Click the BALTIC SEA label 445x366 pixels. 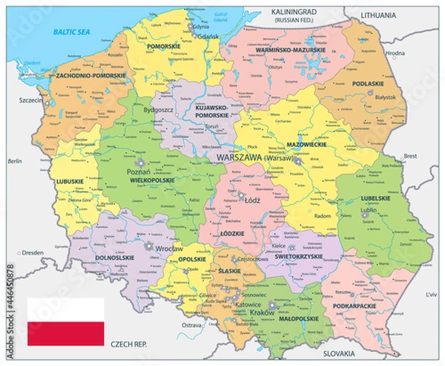point(70,31)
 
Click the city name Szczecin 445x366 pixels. point(27,99)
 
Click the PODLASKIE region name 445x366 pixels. point(367,84)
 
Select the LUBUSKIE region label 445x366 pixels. point(68,180)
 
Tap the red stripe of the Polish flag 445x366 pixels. point(65,334)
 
